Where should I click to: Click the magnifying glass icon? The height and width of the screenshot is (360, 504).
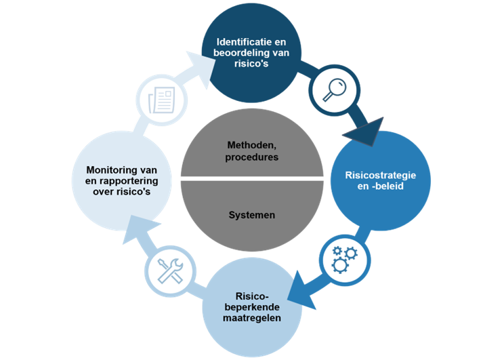331,89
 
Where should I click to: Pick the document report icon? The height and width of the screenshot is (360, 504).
161,100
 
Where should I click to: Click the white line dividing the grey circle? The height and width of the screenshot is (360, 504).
252,180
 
